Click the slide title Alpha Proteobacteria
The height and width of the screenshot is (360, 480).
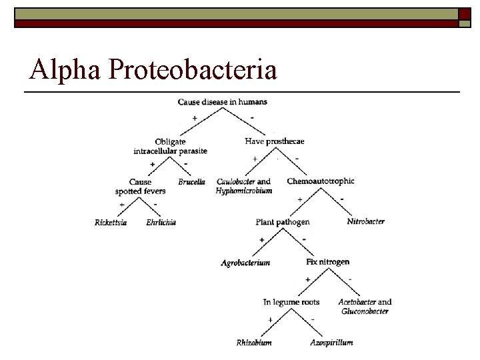click(153, 69)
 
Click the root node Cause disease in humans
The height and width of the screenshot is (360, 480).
click(223, 102)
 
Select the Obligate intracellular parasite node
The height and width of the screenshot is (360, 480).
click(170, 146)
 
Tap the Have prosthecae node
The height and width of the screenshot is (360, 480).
click(275, 141)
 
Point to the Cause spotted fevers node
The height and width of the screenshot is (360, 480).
click(140, 186)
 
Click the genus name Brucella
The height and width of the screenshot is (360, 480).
click(192, 182)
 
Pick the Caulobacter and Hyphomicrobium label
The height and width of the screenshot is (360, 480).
click(244, 186)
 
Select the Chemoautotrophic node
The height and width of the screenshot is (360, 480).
click(321, 181)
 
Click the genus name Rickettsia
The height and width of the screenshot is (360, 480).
click(111, 223)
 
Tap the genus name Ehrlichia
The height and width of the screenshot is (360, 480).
click(161, 223)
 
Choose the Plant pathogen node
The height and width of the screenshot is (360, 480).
click(283, 222)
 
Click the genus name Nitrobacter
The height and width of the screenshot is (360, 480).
click(366, 221)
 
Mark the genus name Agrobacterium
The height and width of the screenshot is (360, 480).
click(245, 263)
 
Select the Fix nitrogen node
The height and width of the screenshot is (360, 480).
click(327, 262)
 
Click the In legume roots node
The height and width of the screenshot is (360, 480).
click(291, 302)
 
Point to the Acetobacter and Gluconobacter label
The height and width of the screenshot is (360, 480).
click(365, 306)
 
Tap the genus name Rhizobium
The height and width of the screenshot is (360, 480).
click(254, 343)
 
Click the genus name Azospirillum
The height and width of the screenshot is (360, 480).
click(331, 343)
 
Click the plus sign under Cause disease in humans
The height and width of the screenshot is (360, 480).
click(195, 118)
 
